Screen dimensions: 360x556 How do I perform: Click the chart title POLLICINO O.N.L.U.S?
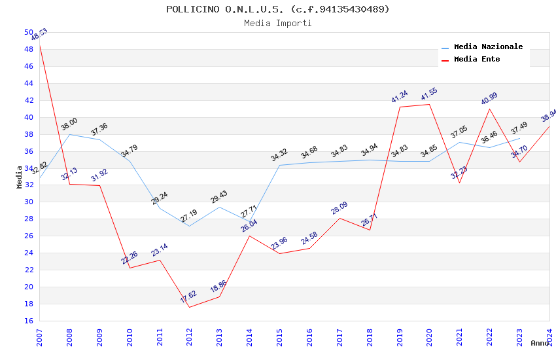[x=277, y=9]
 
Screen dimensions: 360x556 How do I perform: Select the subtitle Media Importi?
[x=277, y=23]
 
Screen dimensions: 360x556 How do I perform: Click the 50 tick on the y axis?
[x=28, y=32]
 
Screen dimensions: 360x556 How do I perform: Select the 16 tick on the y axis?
[x=28, y=321]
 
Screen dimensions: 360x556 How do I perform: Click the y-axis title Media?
[x=20, y=177]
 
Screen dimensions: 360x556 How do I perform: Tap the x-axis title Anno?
[x=540, y=343]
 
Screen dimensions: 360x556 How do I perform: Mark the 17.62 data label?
[x=189, y=296]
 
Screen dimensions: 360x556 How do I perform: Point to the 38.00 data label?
[x=69, y=124]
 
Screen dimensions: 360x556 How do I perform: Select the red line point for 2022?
[x=489, y=108]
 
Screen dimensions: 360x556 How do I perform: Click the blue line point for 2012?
[x=190, y=226]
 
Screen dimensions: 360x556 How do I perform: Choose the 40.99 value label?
[x=489, y=98]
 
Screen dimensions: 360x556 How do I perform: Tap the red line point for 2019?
[x=400, y=107]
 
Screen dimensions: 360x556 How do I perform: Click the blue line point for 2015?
[x=279, y=165]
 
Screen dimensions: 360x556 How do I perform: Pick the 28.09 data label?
[x=339, y=208]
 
